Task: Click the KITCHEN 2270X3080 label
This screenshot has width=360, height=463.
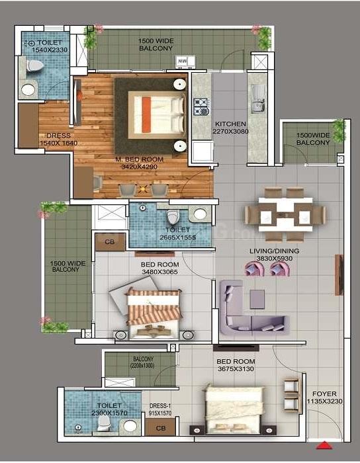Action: (x=230, y=128)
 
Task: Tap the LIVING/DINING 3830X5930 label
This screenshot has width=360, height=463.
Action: (x=274, y=255)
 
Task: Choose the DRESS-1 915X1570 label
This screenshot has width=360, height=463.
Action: (x=160, y=409)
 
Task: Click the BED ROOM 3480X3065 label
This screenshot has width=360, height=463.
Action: (x=159, y=269)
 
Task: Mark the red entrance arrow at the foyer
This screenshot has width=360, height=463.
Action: (x=326, y=444)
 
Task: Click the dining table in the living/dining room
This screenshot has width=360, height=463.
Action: (x=285, y=214)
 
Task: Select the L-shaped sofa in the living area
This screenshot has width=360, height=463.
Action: (x=251, y=310)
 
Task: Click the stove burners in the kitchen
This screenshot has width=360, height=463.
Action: (x=201, y=106)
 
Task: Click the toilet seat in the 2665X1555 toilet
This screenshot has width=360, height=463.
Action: (x=173, y=218)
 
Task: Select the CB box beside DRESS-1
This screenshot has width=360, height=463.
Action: (x=160, y=429)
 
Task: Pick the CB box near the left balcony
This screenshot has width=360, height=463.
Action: (x=110, y=242)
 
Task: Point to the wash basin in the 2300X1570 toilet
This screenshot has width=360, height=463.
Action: (x=130, y=426)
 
